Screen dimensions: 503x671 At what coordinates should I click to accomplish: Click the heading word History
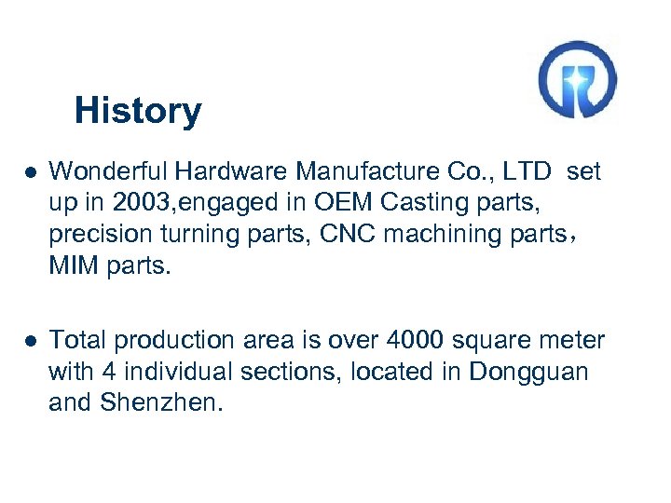coord(137,111)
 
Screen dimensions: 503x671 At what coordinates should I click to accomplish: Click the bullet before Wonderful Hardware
coord(31,172)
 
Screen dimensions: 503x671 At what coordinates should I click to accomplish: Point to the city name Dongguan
coord(528,372)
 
